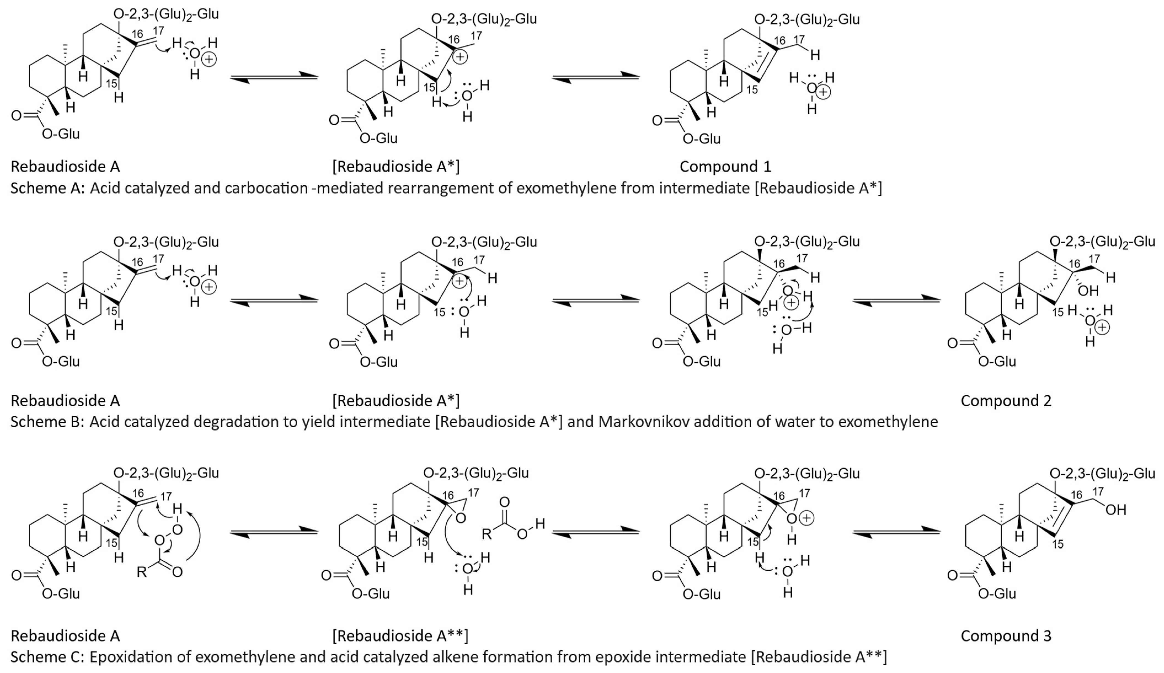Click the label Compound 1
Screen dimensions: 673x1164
pyautogui.click(x=725, y=166)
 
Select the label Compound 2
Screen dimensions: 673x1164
pyautogui.click(x=1006, y=400)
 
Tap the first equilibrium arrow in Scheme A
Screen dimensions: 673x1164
pyautogui.click(x=274, y=77)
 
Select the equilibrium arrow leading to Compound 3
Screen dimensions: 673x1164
pyautogui.click(x=896, y=532)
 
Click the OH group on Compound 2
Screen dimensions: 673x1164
pyautogui.click(x=1088, y=290)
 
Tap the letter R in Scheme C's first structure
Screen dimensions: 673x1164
pyautogui.click(x=142, y=572)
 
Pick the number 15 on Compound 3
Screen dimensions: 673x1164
pyautogui.click(x=1058, y=544)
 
